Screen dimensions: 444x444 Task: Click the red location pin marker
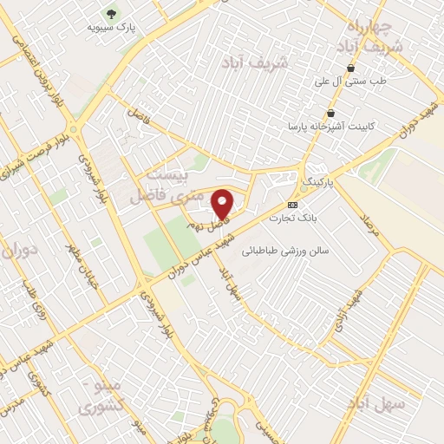pyautogui.click(x=223, y=203)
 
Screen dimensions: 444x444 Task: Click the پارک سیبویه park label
pyautogui.click(x=113, y=27)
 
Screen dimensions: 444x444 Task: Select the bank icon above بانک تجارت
pyautogui.click(x=293, y=205)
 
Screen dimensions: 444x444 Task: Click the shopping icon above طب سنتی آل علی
pyautogui.click(x=350, y=68)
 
